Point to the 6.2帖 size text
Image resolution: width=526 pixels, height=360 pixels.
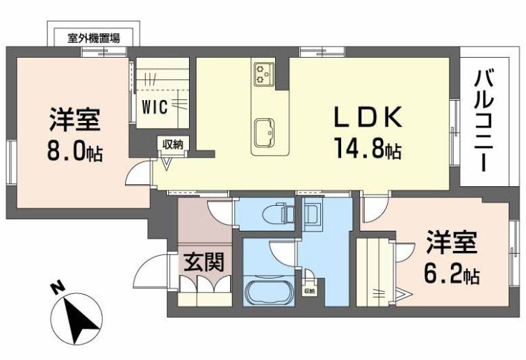tap(451, 275)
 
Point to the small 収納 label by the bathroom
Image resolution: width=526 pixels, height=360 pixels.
tap(309, 291)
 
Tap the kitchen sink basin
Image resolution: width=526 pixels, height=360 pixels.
tap(265, 133)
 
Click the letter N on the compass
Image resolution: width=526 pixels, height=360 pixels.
tap(59, 286)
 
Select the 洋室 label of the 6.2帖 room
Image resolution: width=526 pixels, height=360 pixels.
tap(451, 245)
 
